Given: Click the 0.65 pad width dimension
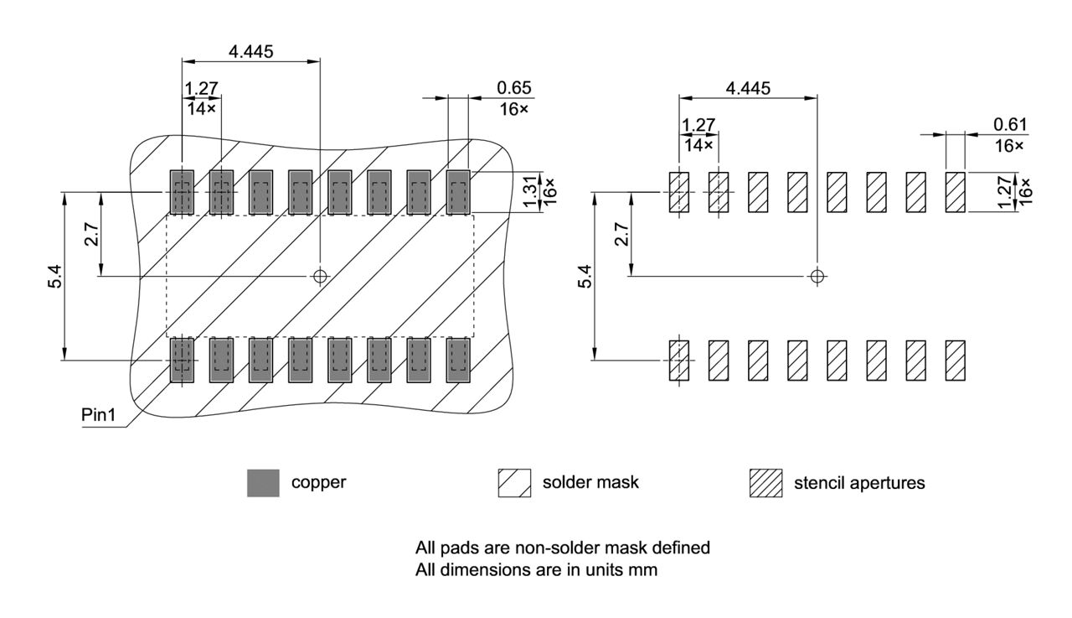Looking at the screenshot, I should [513, 87].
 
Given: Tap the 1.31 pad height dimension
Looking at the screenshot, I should [528, 193].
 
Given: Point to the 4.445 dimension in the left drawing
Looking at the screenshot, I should [250, 51].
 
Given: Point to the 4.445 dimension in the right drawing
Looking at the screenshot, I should [748, 88].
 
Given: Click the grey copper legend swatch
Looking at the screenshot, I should [263, 483].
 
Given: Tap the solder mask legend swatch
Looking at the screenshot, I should [513, 483].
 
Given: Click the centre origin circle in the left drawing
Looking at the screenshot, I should [319, 275].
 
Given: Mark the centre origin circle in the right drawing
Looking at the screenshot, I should [817, 276].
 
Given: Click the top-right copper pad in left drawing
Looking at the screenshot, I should [458, 192].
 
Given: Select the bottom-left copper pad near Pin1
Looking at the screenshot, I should [182, 361].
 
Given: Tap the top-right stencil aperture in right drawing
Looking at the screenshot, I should [956, 192].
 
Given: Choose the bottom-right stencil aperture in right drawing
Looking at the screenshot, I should [956, 361].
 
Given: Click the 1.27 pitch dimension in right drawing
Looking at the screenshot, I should [698, 125].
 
